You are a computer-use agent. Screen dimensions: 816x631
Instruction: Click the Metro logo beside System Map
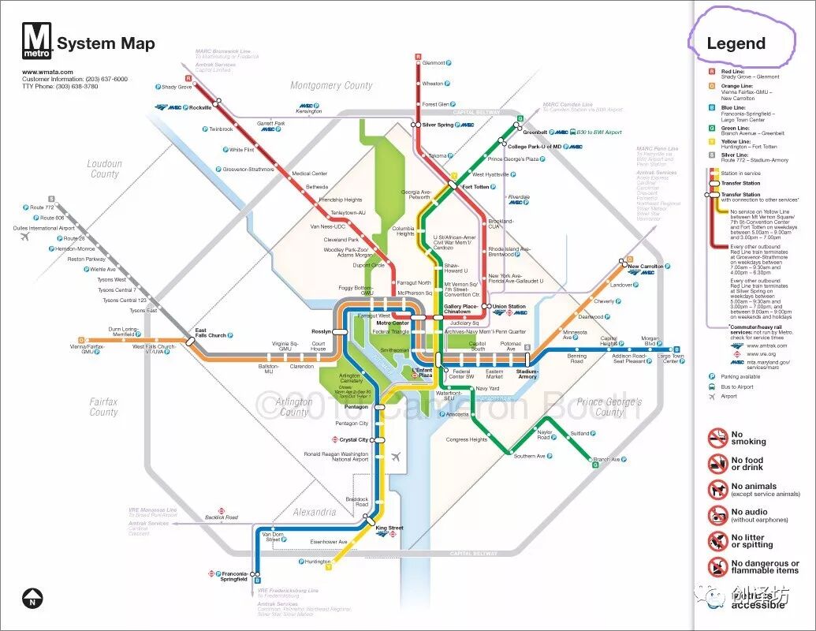[x=37, y=42]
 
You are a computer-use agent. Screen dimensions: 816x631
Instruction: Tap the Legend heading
[x=736, y=43]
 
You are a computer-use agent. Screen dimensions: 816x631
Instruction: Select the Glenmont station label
[x=434, y=63]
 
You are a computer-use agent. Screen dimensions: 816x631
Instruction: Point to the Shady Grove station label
[x=177, y=87]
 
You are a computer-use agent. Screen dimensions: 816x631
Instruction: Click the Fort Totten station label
[x=475, y=187]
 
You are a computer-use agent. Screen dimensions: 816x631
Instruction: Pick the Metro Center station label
[x=393, y=323]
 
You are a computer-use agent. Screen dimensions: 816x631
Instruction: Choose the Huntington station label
[x=318, y=562]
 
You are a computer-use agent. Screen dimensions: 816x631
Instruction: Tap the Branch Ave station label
[x=606, y=459]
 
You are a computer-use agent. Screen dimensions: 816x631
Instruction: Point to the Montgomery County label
[x=331, y=85]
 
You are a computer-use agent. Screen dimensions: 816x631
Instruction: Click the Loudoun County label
[x=104, y=169]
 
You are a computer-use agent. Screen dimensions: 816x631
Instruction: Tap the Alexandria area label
[x=315, y=512]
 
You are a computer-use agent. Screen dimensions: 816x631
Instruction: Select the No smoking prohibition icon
[x=717, y=438]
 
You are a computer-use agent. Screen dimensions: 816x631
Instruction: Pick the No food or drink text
[x=747, y=464]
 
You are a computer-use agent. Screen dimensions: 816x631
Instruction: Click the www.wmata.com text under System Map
[x=41, y=72]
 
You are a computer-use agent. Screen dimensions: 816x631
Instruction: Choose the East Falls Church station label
[x=211, y=332]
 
